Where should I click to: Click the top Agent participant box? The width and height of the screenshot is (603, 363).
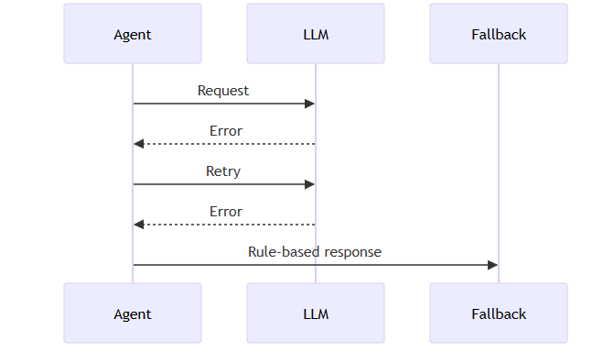tap(132, 34)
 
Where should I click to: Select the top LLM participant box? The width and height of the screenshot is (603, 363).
tap(315, 34)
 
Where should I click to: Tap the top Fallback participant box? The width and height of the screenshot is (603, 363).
tap(498, 34)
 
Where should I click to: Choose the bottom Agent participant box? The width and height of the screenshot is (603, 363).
tap(132, 313)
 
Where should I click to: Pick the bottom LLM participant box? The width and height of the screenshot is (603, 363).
tap(315, 313)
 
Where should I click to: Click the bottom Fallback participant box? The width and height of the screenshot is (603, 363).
tap(498, 313)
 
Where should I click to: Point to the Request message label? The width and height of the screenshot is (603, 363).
tap(223, 91)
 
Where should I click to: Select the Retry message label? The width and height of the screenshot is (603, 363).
tap(223, 171)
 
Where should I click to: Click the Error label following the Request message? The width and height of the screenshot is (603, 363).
tap(225, 131)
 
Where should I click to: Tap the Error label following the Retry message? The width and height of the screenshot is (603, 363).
tap(225, 212)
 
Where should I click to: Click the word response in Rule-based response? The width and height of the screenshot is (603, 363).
tap(351, 252)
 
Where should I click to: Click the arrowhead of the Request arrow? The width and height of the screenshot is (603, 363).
tap(309, 104)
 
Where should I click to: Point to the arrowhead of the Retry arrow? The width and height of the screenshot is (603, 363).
tap(309, 184)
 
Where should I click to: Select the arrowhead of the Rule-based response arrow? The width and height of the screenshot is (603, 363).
tap(492, 265)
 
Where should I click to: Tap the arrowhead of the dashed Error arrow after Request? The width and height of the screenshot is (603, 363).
tap(138, 144)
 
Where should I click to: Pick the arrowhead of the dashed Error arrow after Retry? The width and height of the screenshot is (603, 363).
tap(138, 225)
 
